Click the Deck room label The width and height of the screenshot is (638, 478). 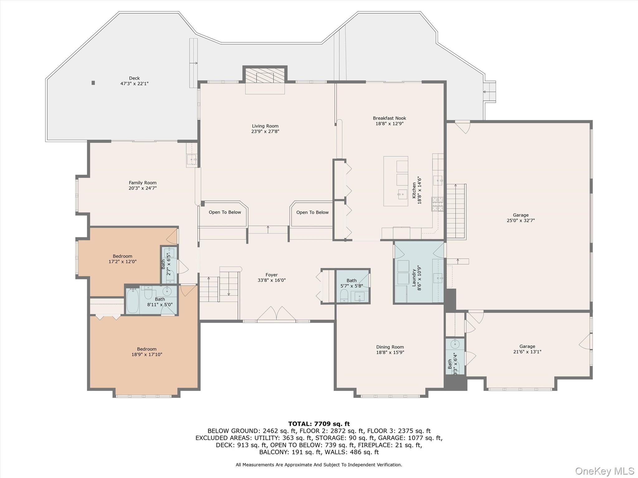pyautogui.click(x=134, y=78)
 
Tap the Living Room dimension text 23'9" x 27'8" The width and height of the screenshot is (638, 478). pyautogui.click(x=265, y=131)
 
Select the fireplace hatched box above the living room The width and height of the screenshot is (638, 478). pyautogui.click(x=265, y=76)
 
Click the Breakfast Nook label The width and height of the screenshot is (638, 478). pyautogui.click(x=389, y=118)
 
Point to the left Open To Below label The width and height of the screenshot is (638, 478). pyautogui.click(x=225, y=212)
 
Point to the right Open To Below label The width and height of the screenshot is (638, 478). pyautogui.click(x=312, y=212)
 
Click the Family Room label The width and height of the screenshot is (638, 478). pyautogui.click(x=143, y=183)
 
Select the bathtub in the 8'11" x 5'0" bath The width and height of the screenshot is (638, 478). pyautogui.click(x=133, y=301)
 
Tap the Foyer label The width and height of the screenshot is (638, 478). pyautogui.click(x=271, y=275)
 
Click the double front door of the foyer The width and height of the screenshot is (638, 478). pyautogui.click(x=276, y=314)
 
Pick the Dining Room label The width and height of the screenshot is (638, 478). pyautogui.click(x=390, y=347)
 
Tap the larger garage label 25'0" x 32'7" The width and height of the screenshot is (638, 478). pyautogui.click(x=521, y=218)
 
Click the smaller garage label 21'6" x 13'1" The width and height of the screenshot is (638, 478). pyautogui.click(x=527, y=349)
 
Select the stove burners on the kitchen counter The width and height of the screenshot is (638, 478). pyautogui.click(x=437, y=204)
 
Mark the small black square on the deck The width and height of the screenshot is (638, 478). pyautogui.click(x=93, y=83)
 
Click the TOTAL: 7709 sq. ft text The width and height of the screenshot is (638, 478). pyautogui.click(x=319, y=424)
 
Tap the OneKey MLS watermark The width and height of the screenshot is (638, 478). pyautogui.click(x=604, y=471)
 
